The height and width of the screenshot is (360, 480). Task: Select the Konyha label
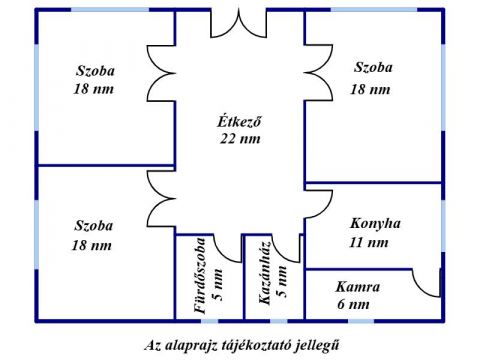(375, 223)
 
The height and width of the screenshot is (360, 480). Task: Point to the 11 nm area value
(369, 242)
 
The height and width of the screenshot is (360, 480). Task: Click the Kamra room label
(357, 286)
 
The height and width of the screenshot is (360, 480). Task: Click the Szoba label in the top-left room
(95, 70)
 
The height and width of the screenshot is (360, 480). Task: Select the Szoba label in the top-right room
(373, 68)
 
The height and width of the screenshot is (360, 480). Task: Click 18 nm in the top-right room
(369, 89)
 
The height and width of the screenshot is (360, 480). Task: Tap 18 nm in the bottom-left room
(91, 245)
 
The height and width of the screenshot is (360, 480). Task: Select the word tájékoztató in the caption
(236, 343)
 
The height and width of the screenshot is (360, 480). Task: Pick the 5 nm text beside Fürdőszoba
(218, 283)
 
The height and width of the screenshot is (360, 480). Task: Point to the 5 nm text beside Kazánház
(283, 283)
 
